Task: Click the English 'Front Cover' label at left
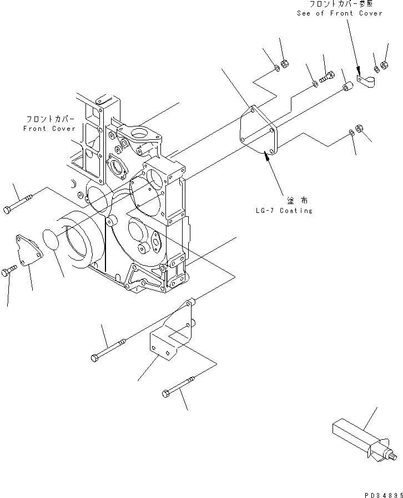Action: (x=49, y=129)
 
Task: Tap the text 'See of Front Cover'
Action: (x=339, y=13)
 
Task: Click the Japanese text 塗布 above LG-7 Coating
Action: (x=298, y=200)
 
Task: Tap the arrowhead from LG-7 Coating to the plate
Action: (x=268, y=158)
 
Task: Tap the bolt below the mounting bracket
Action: (x=178, y=387)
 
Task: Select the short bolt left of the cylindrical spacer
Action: (x=328, y=75)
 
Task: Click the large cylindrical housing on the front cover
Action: (x=83, y=241)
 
